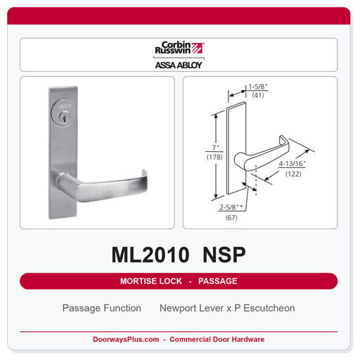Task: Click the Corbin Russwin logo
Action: coord(179,48)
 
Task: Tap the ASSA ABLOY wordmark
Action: coord(179,65)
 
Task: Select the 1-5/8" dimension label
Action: coord(258,86)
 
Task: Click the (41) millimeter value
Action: coord(258,96)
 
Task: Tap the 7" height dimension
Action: coord(215,148)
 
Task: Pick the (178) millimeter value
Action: coord(214,157)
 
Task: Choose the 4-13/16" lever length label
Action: coord(292,164)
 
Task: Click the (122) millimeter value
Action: coord(293,174)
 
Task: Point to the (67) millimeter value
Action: coord(231,217)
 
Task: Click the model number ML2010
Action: coord(150,255)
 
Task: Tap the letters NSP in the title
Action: coord(224,255)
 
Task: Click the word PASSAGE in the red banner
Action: coord(218,281)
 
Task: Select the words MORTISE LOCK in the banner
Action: coord(151,281)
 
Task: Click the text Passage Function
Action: coord(102,308)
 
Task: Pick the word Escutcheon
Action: coord(269,308)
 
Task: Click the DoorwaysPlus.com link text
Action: coord(126,339)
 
